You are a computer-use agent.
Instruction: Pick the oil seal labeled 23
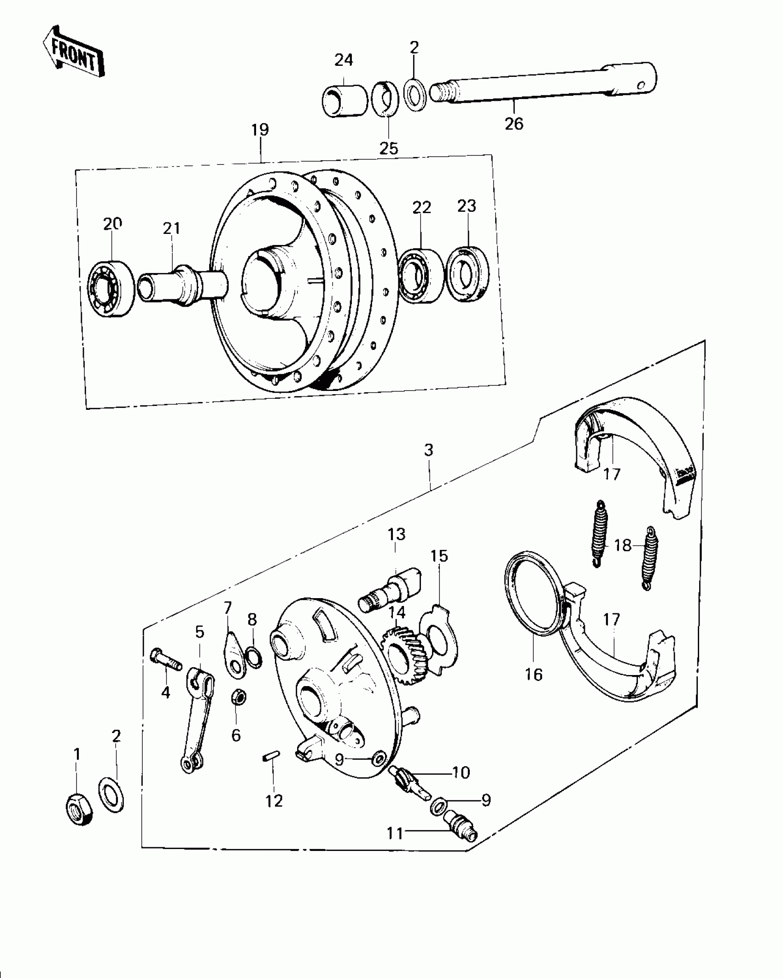pyautogui.click(x=469, y=275)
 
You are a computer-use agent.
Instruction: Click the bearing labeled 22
pyautogui.click(x=421, y=276)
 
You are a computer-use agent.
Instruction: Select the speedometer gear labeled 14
pyautogui.click(x=406, y=658)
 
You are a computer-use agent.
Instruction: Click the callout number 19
pyautogui.click(x=260, y=130)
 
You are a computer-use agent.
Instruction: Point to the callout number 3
pyautogui.click(x=429, y=450)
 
